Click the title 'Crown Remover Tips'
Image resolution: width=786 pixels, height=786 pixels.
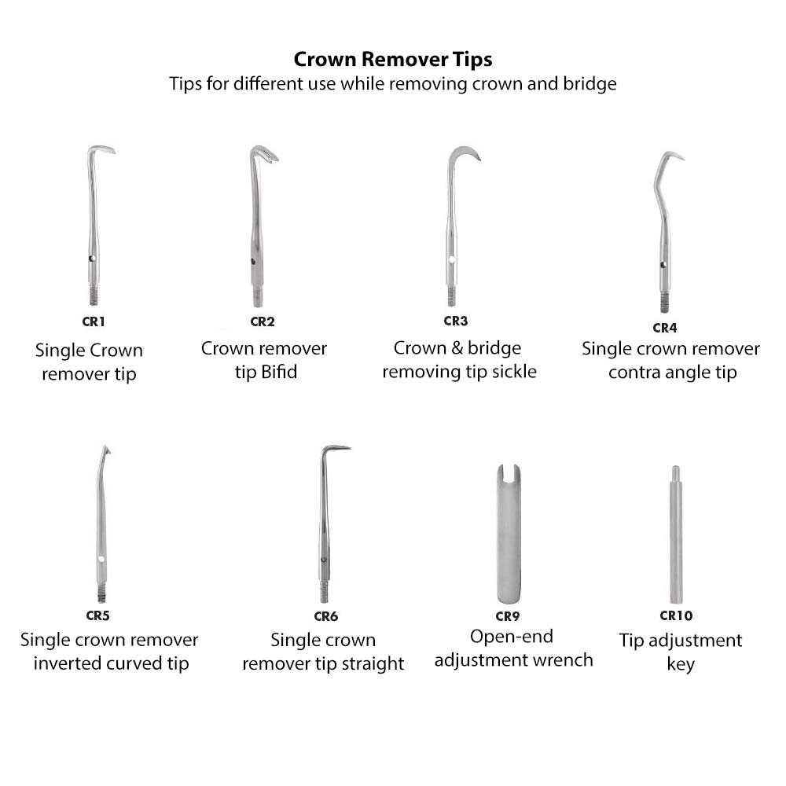393,60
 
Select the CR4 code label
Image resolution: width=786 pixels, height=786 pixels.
664,328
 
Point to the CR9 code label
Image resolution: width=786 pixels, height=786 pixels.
507,616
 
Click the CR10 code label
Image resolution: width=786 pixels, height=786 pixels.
676,616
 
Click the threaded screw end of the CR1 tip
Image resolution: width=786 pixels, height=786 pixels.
94,296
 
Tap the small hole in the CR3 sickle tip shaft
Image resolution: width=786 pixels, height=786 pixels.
452,259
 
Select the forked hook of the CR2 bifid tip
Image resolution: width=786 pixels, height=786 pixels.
266,154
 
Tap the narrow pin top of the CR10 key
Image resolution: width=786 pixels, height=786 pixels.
675,475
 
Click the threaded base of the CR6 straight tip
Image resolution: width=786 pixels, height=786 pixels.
324,591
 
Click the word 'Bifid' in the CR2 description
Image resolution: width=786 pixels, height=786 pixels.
279,371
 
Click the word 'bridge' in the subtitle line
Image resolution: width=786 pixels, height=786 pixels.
590,83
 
